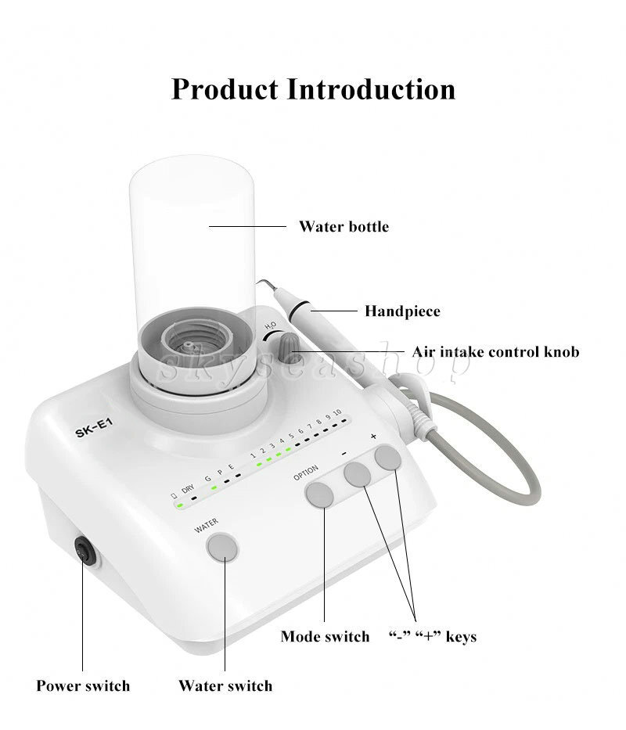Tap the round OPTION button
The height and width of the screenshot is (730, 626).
[319, 494]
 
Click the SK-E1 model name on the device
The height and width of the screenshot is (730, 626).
[94, 428]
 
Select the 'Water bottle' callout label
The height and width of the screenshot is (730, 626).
[344, 226]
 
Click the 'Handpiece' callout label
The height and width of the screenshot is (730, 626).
[402, 311]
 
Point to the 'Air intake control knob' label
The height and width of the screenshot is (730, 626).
[495, 351]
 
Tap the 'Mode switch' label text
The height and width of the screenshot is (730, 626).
[325, 636]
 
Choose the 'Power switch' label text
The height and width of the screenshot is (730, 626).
[84, 685]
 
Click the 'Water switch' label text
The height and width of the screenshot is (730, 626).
[225, 685]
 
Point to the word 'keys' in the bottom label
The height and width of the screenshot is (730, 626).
[461, 637]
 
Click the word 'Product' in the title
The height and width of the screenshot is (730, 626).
[225, 89]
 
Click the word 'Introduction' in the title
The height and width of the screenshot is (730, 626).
[371, 89]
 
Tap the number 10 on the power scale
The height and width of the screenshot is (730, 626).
[337, 412]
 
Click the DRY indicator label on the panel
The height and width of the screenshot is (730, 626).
[188, 489]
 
